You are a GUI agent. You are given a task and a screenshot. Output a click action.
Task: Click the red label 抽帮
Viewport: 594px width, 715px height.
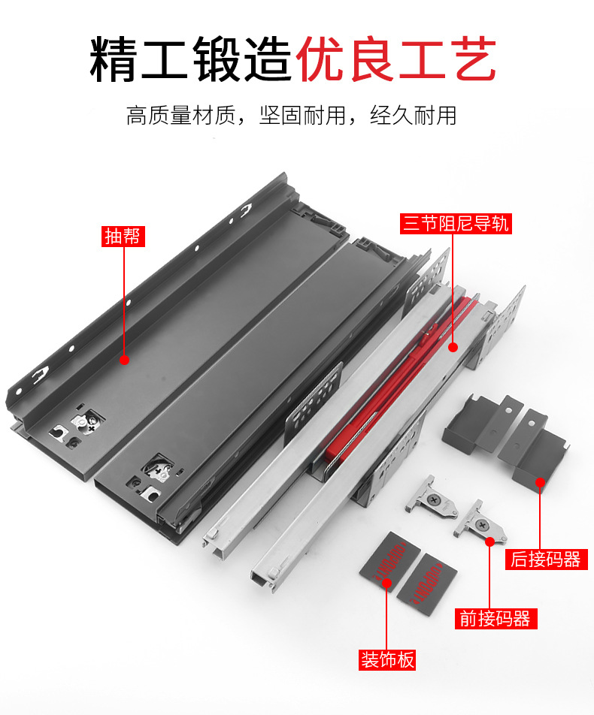(123, 236)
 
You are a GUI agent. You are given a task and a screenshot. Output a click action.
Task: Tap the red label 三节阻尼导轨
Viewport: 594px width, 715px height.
(456, 224)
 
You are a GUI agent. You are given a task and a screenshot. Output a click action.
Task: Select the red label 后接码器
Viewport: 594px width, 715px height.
(546, 559)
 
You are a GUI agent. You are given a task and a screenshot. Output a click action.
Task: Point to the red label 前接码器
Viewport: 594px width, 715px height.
(496, 619)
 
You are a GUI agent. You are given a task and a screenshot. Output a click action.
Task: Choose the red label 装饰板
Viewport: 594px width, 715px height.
(388, 660)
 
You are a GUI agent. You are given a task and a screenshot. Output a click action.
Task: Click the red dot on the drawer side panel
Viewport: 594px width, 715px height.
(124, 360)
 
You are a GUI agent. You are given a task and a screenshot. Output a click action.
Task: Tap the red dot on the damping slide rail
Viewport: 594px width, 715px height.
(453, 348)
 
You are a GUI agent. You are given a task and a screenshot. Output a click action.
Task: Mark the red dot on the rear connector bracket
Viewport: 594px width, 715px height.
(540, 482)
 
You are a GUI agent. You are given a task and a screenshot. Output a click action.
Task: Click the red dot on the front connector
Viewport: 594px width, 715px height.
(490, 542)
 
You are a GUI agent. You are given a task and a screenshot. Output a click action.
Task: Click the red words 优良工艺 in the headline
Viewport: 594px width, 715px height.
(395, 59)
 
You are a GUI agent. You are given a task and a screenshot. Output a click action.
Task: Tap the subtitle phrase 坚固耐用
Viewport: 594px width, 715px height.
(303, 116)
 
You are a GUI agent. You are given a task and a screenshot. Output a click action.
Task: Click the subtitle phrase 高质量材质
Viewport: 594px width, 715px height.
(180, 116)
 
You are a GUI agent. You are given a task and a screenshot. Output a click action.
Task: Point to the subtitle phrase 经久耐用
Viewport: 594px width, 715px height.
(414, 116)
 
